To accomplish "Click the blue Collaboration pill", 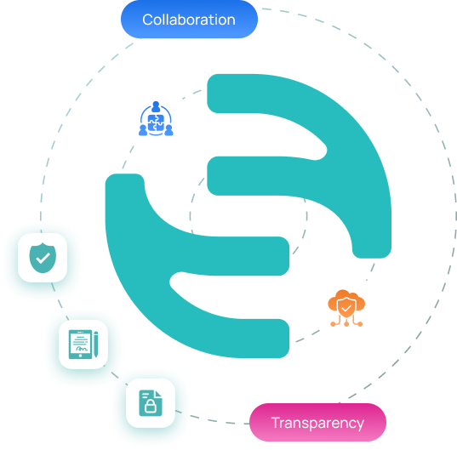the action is point(189,20).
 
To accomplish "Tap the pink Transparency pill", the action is point(317,422).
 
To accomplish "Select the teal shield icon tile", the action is point(43,258).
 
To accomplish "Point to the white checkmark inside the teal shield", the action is point(43,258).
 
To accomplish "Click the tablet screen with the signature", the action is point(80,344).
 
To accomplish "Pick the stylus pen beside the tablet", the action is point(96,345).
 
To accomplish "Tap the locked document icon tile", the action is point(151,403).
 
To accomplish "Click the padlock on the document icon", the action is point(151,406).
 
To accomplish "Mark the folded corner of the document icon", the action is point(158,394).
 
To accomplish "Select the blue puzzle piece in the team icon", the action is point(156,122).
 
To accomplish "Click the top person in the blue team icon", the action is point(156,106).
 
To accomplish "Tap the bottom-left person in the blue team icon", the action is point(143,130).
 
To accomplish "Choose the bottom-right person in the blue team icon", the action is point(169,130).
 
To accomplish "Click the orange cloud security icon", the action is point(346,308).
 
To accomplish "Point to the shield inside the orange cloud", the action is point(346,308).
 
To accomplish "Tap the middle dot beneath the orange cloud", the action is point(346,323).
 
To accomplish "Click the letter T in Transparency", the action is point(276,422).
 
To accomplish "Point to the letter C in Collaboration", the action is point(148,20).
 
